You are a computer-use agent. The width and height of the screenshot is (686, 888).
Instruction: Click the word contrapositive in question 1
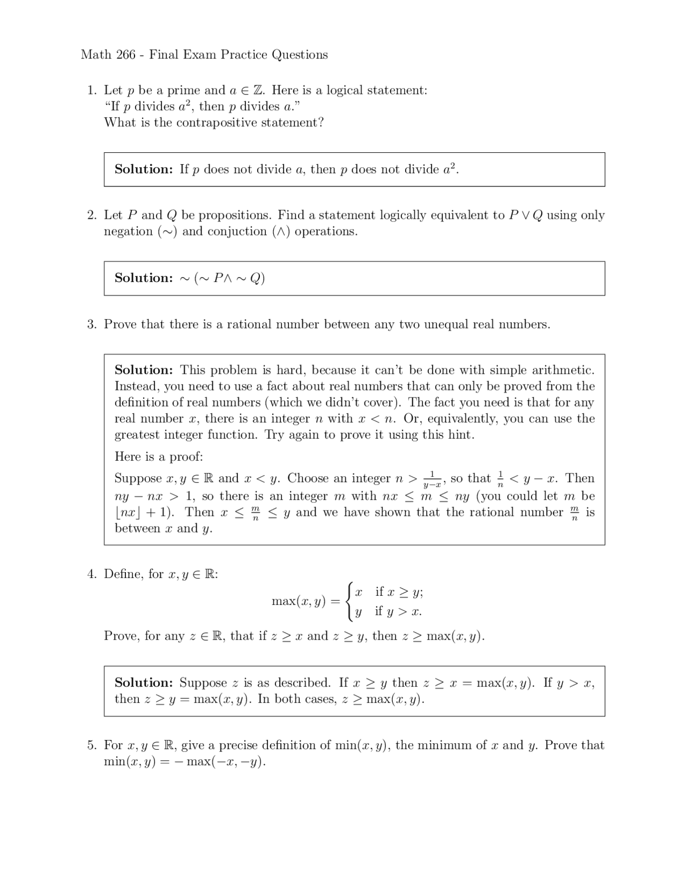pyautogui.click(x=217, y=123)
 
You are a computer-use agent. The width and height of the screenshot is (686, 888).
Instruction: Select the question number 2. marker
pyautogui.click(x=92, y=216)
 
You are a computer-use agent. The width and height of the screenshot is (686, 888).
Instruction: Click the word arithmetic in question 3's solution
pyautogui.click(x=563, y=370)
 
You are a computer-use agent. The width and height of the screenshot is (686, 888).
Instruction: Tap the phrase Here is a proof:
pyautogui.click(x=159, y=457)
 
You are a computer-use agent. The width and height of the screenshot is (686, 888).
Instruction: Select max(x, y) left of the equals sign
pyautogui.click(x=299, y=602)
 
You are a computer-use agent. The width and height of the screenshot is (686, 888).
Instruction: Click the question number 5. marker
pyautogui.click(x=92, y=745)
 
